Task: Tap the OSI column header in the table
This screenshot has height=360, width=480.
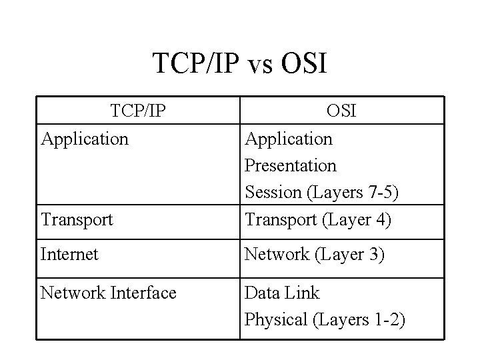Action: (341, 111)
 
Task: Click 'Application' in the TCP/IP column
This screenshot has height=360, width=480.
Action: (85, 139)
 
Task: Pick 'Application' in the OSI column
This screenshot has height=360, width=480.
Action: (289, 139)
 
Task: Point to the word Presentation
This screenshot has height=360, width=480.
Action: (291, 165)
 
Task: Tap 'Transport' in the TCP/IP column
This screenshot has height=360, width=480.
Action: (77, 219)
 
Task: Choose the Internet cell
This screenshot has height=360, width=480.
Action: (69, 255)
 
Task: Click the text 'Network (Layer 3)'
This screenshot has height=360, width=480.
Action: (314, 255)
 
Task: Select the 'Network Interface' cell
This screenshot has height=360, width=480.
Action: (109, 293)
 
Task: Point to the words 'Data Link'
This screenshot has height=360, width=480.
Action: (283, 293)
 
